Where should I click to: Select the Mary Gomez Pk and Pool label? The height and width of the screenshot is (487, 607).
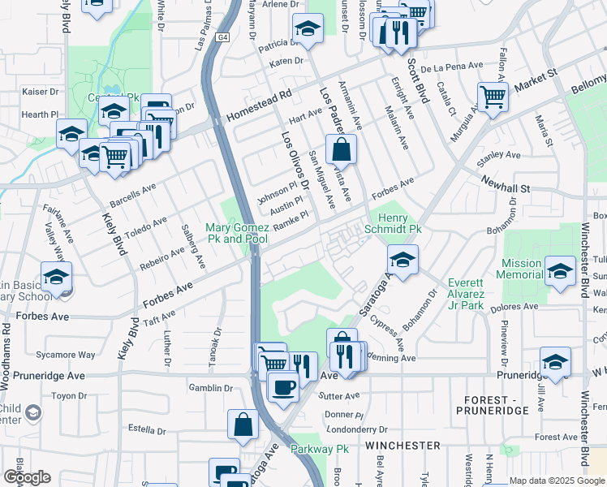click(x=236, y=234)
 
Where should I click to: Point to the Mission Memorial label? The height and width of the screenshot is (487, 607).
click(x=521, y=269)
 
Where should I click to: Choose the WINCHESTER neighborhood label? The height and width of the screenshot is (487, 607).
click(x=403, y=446)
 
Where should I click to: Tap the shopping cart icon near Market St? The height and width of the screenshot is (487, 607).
click(x=493, y=97)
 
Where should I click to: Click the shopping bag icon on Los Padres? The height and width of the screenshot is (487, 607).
click(x=342, y=149)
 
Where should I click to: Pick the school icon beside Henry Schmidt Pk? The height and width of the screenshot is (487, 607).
click(x=402, y=260)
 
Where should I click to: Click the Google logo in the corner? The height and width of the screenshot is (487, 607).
click(x=27, y=476)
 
